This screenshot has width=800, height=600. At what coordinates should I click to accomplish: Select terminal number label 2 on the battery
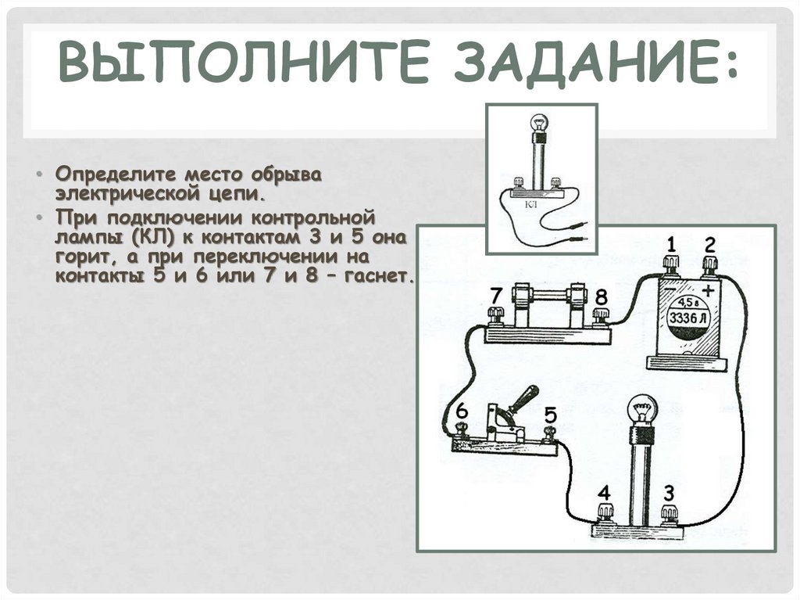click(x=709, y=245)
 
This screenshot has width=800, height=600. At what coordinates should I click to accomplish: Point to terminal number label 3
click(x=669, y=493)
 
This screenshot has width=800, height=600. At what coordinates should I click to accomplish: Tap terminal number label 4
click(x=604, y=493)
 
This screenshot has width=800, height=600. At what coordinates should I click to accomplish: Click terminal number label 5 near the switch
click(x=550, y=414)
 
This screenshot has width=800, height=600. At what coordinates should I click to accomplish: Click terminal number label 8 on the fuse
click(x=602, y=296)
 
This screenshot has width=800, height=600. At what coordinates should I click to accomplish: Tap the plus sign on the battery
click(x=708, y=290)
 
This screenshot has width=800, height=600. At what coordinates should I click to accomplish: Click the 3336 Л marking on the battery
click(x=688, y=318)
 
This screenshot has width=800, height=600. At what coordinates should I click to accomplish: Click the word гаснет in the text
click(x=380, y=276)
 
